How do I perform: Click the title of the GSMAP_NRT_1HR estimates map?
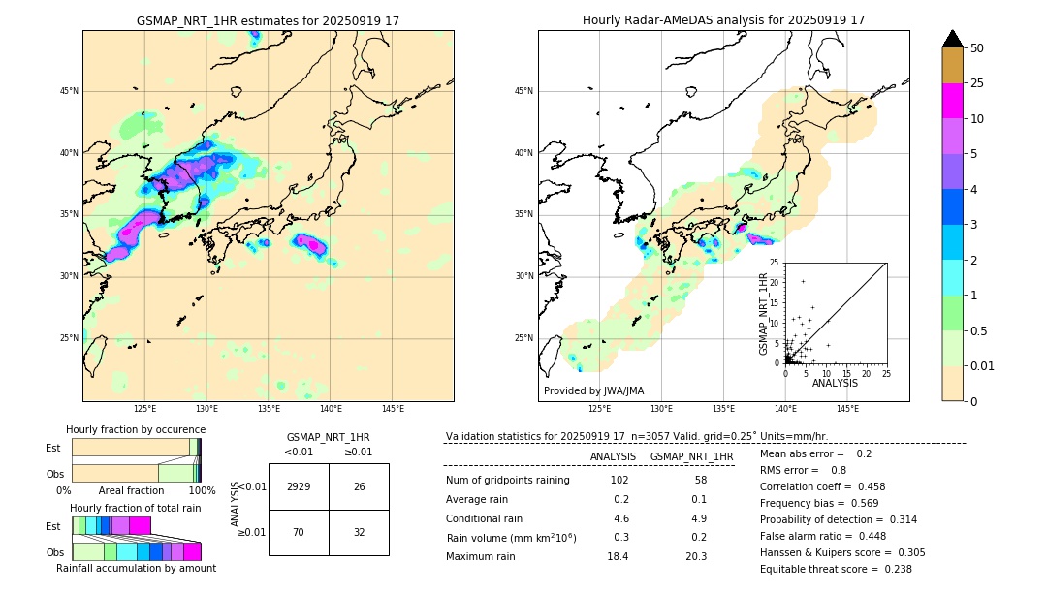point(268,20)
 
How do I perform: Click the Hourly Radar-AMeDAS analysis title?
point(723,20)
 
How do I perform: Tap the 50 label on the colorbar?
point(977,48)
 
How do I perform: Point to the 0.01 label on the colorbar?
point(983,366)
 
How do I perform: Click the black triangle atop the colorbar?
point(953,39)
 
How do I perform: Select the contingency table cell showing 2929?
point(299,486)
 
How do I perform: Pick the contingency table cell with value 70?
point(299,532)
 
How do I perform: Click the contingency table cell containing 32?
point(359,532)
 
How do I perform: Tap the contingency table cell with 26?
point(359,486)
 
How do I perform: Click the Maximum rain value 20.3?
point(695,556)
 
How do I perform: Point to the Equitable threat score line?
point(836,569)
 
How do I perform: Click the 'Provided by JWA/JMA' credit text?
point(593,390)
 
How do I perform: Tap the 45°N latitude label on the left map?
point(69,91)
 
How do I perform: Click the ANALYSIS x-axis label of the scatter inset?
point(835,383)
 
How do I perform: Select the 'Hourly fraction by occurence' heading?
point(136,429)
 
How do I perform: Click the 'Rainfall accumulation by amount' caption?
point(136,568)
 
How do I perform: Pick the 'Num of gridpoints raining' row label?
point(507,481)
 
